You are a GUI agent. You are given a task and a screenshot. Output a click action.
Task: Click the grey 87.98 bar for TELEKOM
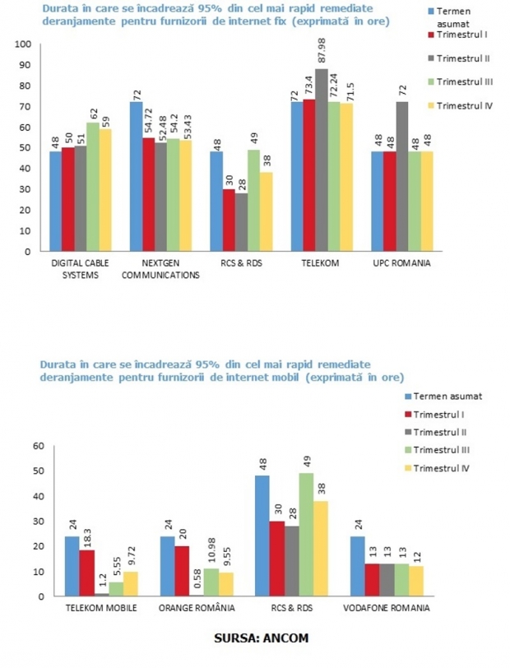coord(322,160)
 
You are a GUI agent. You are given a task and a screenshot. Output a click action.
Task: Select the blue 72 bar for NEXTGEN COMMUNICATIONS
coord(137,176)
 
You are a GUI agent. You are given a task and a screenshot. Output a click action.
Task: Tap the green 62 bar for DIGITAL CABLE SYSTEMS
coord(93,187)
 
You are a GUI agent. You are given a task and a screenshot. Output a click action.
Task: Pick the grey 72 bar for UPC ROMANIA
coord(401,176)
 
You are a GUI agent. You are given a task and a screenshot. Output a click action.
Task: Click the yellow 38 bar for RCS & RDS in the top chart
coord(267,211)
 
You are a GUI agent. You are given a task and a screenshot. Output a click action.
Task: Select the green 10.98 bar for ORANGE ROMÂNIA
coord(211,582)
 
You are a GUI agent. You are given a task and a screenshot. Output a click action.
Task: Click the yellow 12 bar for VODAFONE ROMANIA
coord(416,581)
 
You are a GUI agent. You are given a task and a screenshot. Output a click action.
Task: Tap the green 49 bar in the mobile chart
coord(306,535)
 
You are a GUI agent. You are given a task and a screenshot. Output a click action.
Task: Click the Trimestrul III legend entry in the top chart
coord(460,81)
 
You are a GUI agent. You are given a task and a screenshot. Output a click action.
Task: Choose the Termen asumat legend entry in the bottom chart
coord(443,397)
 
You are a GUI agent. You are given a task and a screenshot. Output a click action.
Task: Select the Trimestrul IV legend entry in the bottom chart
coord(437,468)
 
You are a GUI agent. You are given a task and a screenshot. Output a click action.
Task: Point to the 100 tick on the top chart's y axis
coord(23,44)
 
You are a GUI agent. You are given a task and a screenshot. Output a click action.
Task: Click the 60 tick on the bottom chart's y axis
coord(39,446)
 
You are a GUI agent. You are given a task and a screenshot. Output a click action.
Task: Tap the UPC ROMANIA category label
coord(401,263)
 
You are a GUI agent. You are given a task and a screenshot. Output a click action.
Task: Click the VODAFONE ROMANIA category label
coord(387,608)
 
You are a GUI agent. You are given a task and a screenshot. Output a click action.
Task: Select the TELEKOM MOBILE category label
coord(101,608)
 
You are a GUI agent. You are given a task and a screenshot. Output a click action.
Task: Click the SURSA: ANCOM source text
coord(262,638)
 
